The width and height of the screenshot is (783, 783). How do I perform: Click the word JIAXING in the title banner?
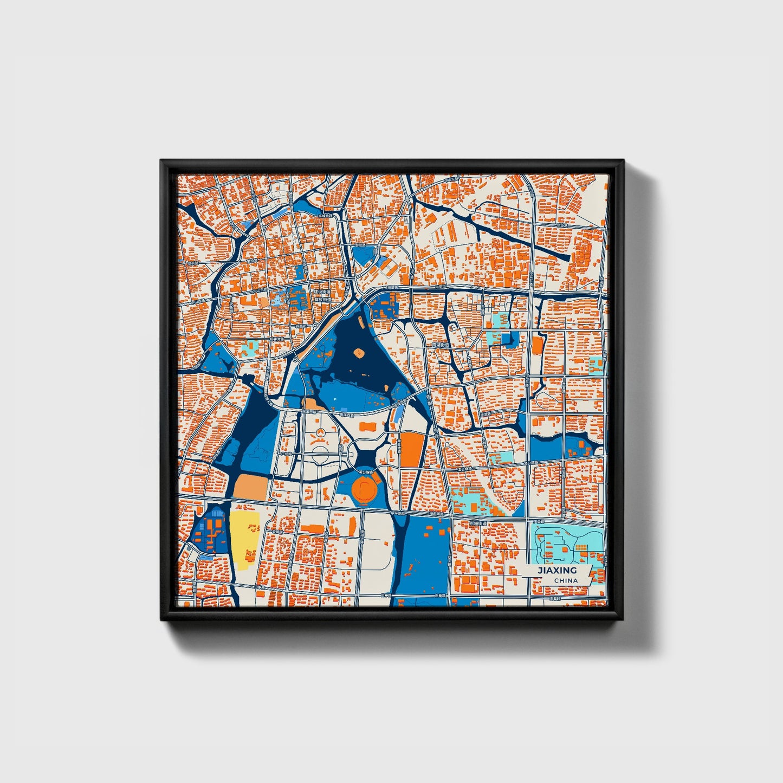click(x=556, y=571)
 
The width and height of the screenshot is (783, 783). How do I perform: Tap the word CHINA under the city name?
click(x=566, y=580)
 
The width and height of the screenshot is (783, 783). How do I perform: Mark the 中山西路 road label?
click(x=198, y=301)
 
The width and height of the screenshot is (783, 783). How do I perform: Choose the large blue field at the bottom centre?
click(x=425, y=558)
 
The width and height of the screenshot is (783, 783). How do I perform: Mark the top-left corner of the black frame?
click(x=161, y=161)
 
